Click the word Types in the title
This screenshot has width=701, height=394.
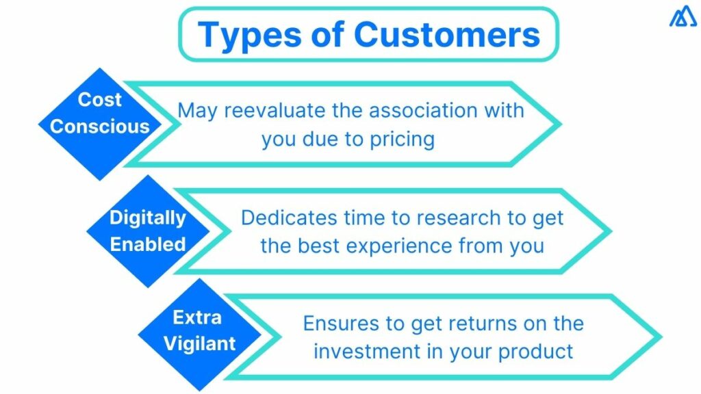(249, 36)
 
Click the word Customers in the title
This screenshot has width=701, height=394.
(447, 34)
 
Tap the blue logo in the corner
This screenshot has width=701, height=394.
(683, 16)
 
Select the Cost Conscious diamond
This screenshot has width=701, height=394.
(100, 124)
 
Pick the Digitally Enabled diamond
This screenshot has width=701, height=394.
(148, 231)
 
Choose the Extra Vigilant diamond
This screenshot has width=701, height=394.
(199, 334)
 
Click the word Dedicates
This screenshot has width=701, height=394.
(290, 218)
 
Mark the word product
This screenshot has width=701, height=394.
(535, 352)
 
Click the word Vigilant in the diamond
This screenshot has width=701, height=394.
(199, 344)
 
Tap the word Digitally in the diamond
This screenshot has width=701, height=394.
(148, 218)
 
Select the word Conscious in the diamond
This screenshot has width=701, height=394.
(100, 127)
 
